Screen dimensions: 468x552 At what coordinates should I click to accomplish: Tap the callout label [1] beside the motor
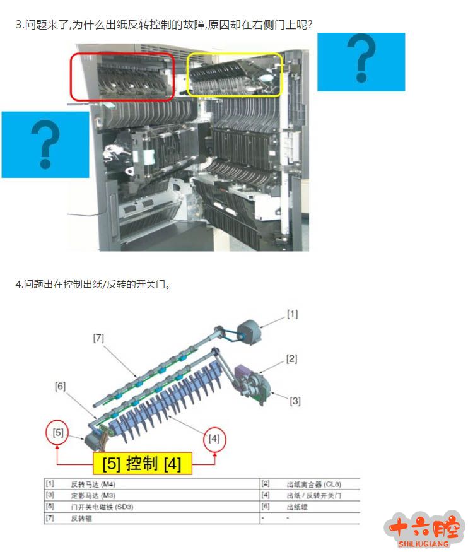point(293,314)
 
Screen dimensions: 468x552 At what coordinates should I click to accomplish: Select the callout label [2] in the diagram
point(291,359)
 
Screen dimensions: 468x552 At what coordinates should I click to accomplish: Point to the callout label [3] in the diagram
point(295,401)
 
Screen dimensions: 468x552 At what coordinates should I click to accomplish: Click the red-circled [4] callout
point(214,438)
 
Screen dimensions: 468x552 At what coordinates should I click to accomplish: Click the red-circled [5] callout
point(58,432)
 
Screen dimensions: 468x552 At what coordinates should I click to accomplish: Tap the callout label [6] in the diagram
point(60,386)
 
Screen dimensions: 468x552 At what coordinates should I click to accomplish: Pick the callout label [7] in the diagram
point(98,338)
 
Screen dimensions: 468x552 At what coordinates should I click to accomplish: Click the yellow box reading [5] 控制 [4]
point(142,463)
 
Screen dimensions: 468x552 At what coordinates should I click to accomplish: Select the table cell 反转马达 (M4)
point(93,484)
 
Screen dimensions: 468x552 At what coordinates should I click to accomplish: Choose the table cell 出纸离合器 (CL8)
point(313,484)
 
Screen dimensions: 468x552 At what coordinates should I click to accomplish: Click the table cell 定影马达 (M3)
point(93,496)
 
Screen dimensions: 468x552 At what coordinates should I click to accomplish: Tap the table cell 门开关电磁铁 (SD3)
point(102,507)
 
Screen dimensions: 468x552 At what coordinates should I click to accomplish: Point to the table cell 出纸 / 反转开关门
point(313,496)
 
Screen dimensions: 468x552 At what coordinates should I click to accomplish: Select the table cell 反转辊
point(81,518)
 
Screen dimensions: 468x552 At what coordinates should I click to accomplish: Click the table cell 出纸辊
point(297,507)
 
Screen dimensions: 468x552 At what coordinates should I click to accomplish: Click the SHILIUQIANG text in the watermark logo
point(423,544)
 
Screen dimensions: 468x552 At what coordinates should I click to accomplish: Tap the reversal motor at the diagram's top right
point(249,332)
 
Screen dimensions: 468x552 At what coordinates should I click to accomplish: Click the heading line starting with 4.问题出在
point(93,284)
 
